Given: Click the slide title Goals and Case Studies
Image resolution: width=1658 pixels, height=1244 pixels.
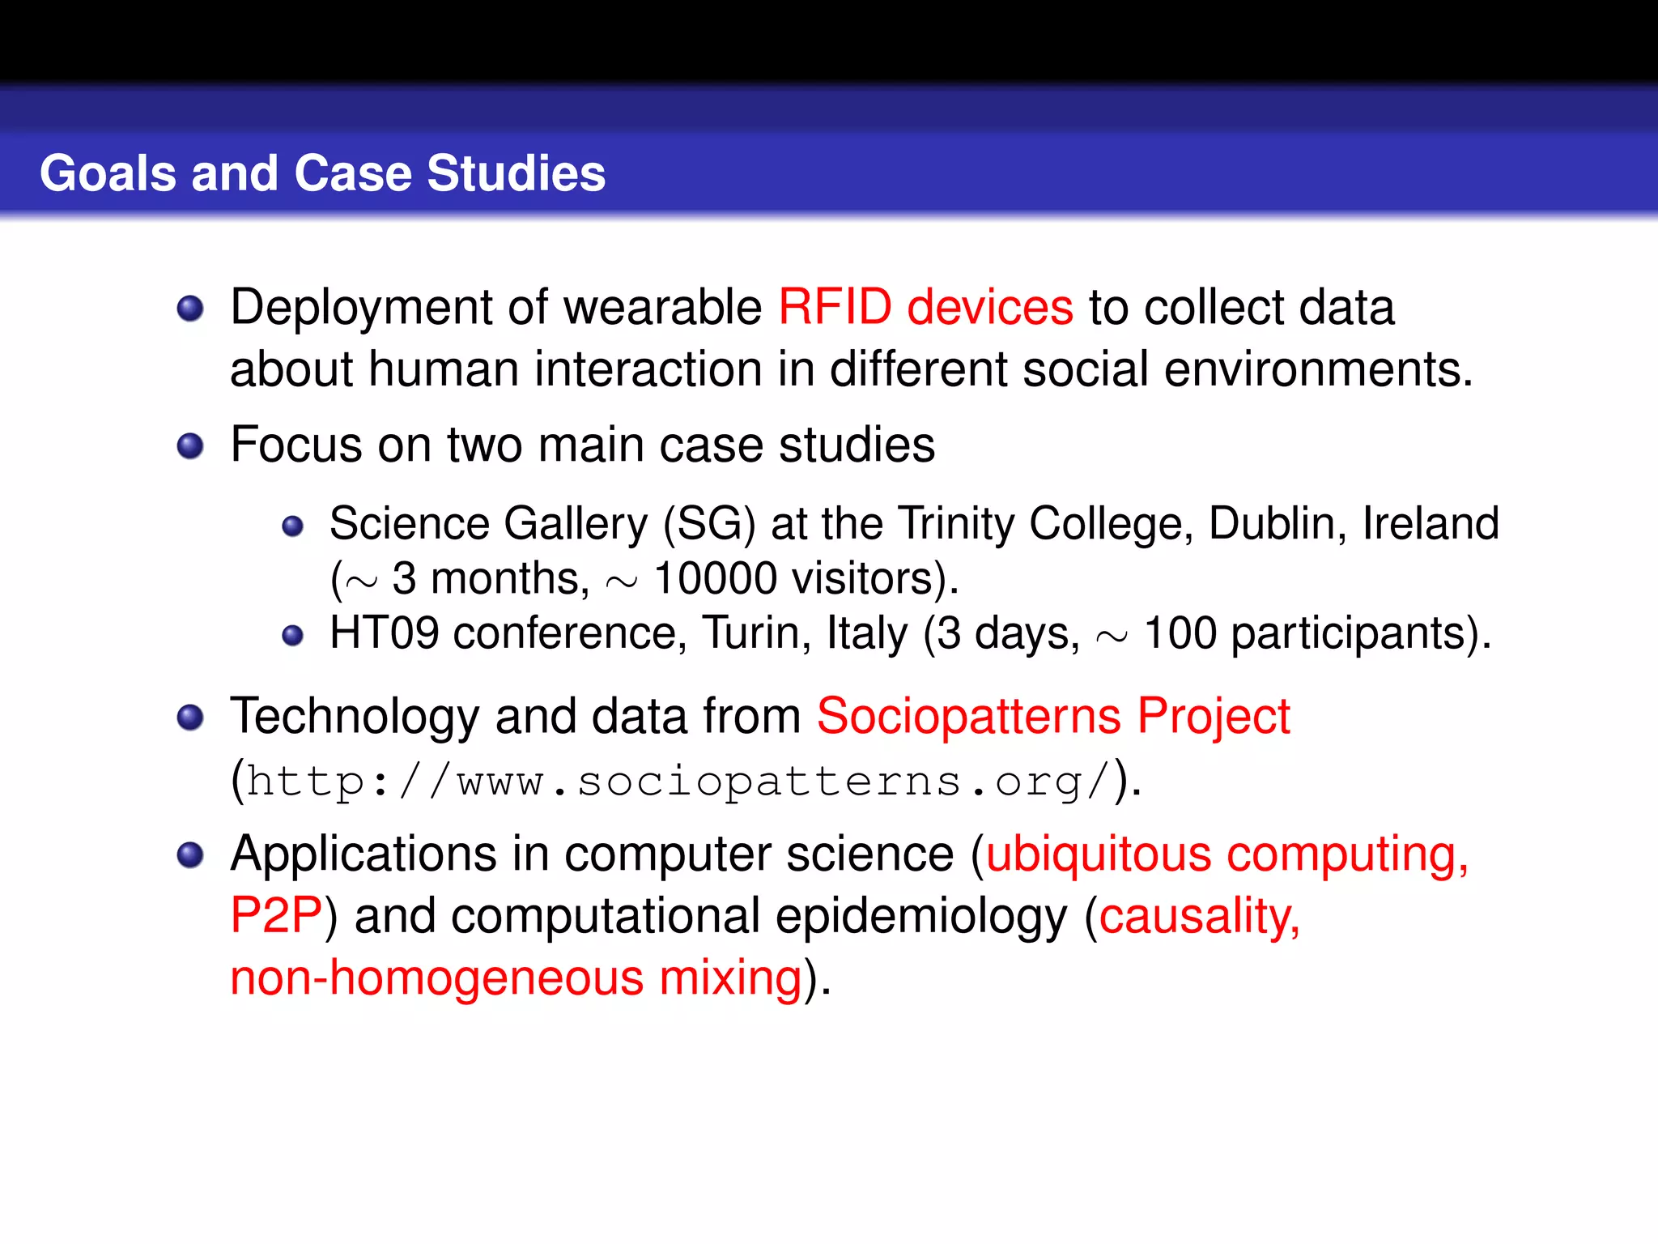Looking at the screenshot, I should tap(322, 173).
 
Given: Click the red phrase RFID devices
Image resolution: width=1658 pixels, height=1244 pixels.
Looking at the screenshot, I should tap(925, 308).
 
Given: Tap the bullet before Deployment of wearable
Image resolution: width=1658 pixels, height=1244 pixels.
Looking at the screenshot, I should tap(190, 309).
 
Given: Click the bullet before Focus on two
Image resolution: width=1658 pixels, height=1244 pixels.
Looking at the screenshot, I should tap(190, 446).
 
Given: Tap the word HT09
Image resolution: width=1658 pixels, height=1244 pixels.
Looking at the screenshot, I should tap(384, 633).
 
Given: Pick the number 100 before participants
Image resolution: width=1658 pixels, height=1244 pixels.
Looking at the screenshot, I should tap(1180, 633).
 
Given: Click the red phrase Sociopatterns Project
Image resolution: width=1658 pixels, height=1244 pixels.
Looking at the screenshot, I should tap(1052, 717).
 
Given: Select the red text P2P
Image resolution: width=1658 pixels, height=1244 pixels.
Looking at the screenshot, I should tap(276, 916).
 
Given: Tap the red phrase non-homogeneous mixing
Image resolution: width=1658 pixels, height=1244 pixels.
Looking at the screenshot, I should tap(516, 978).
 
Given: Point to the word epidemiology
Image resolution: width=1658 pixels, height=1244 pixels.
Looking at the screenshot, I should tap(921, 916).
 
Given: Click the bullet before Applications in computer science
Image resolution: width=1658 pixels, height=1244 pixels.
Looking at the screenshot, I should tap(190, 855).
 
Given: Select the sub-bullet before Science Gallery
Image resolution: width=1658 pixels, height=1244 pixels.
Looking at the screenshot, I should tap(292, 527).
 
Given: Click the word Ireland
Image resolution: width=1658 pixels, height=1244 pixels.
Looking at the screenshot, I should tap(1431, 524).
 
